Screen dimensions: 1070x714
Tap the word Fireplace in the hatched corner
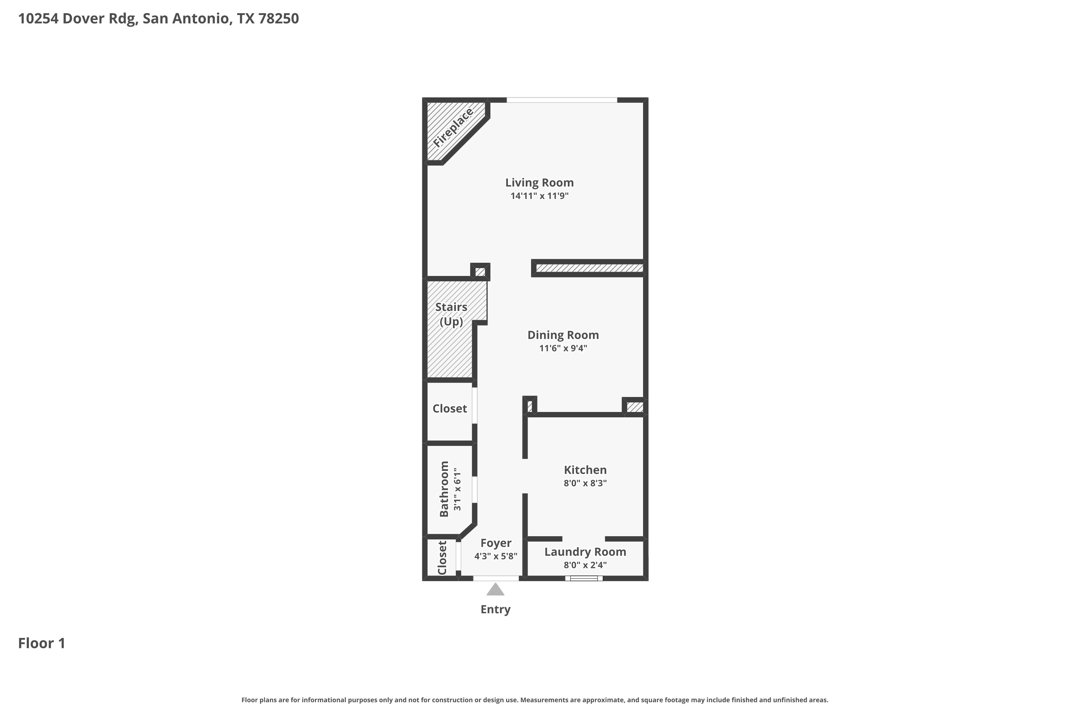[453, 128]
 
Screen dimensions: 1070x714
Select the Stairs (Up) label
[451, 314]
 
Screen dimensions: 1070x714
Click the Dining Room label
[563, 335]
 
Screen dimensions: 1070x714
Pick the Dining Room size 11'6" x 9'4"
[563, 348]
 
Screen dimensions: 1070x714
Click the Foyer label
[496, 543]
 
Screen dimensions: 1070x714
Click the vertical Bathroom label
[444, 489]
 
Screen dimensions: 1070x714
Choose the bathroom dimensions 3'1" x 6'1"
[457, 489]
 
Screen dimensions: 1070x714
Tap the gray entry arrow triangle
[495, 590]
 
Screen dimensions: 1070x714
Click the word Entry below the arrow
[495, 609]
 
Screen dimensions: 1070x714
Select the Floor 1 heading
[42, 643]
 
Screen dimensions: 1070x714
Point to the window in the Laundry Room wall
[584, 578]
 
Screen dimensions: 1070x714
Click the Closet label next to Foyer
[442, 558]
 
